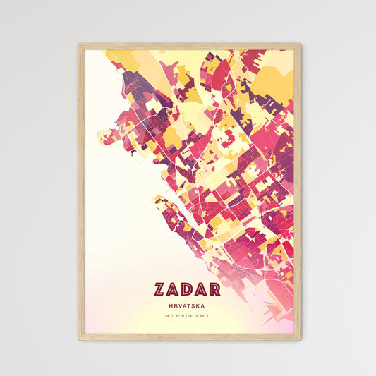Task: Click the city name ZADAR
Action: point(187,289)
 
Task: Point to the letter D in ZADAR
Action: point(187,289)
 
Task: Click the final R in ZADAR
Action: point(214,289)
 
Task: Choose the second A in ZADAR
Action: point(201,289)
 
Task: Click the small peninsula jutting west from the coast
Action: point(106,132)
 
